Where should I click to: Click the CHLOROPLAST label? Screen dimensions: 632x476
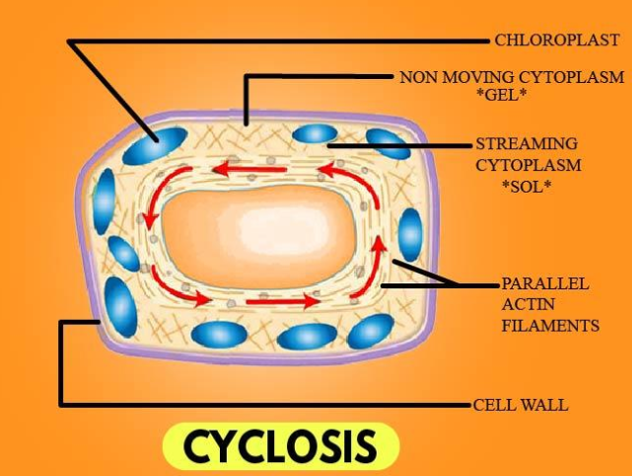pos(557,40)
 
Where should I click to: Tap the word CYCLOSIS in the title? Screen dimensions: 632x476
pos(280,446)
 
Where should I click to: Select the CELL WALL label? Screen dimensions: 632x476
pos(521,405)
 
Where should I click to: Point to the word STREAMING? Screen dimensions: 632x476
pos(527,144)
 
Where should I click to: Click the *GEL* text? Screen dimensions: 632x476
pos(511,96)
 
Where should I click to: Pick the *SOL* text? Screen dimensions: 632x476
pos(526,185)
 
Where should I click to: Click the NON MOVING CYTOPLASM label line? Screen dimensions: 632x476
pos(511,77)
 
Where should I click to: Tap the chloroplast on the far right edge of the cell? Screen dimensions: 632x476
pos(409,235)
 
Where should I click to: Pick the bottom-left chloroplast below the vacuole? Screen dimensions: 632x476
pos(219,334)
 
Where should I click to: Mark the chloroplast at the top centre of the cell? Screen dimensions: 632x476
pos(315,133)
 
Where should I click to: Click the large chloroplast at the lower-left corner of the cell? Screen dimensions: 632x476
pos(121,305)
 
